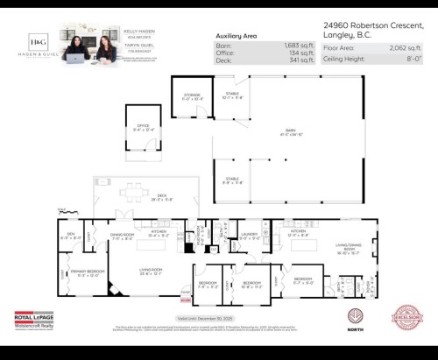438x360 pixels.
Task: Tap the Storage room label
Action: click(x=192, y=95)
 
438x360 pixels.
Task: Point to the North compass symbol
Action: click(x=355, y=317)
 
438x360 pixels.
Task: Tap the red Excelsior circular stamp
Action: click(x=406, y=317)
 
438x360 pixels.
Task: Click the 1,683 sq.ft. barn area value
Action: click(x=298, y=45)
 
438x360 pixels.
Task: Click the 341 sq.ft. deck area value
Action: click(x=300, y=60)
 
